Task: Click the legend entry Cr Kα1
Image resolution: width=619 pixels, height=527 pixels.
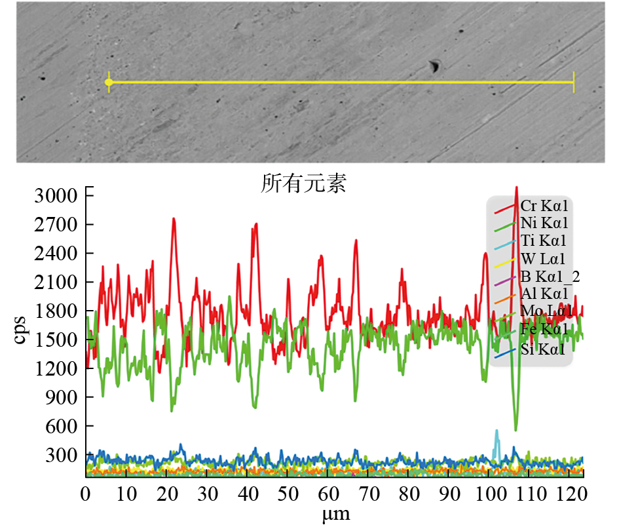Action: coord(544,206)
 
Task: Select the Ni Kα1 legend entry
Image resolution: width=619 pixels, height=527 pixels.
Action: coord(544,224)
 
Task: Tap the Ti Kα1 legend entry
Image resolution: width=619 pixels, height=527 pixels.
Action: coord(543,241)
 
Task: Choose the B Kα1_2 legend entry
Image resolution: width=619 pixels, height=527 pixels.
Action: coord(549,275)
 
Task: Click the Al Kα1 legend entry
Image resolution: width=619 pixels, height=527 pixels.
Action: coord(544,293)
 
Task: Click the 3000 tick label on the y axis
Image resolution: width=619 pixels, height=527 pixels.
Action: coord(57,196)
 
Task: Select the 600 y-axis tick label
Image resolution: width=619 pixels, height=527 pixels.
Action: coord(62,427)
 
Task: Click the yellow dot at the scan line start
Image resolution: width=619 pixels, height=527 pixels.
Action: coord(109,82)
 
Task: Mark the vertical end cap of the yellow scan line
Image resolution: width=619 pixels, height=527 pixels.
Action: coord(574,82)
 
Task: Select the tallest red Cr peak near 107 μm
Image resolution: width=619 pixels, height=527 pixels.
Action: coord(517,189)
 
